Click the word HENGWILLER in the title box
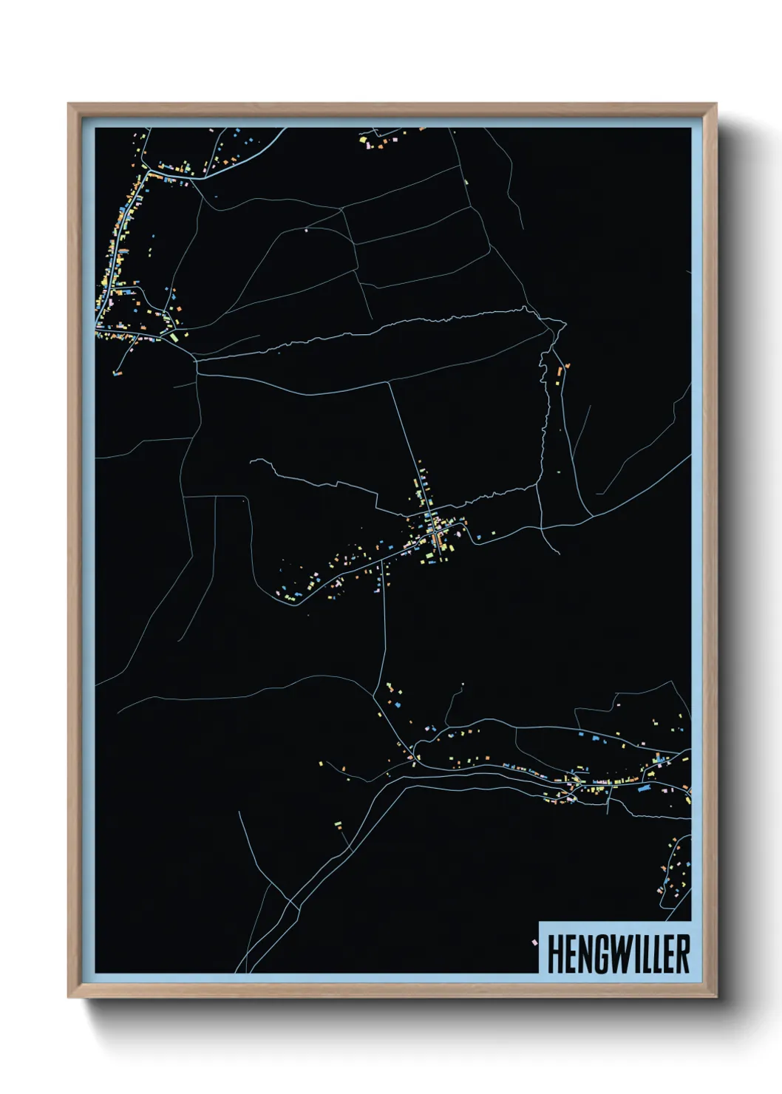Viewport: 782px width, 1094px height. pos(618,954)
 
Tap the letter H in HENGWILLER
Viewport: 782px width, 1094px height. pos(555,954)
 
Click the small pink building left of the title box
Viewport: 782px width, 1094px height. pos(533,942)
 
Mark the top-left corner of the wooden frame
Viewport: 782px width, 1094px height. pos(69,105)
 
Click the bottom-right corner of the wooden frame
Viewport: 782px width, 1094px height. pos(715,996)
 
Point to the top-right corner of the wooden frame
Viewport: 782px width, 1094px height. pos(715,105)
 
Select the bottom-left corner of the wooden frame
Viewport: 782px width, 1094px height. pos(69,996)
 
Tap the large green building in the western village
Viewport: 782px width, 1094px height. pos(174,337)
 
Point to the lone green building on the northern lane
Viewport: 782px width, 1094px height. pos(466,180)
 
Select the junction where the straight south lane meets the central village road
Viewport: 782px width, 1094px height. pos(383,563)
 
